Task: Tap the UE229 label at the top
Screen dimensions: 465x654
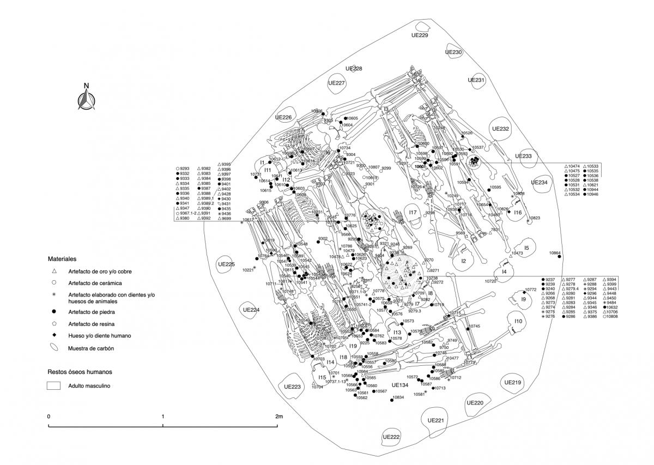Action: pos(419,36)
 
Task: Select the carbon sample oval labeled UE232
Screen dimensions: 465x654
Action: pos(500,129)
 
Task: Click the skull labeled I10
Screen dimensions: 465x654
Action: pos(518,322)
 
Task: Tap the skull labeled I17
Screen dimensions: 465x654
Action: pos(413,213)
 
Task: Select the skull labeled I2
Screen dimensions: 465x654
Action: pos(464,261)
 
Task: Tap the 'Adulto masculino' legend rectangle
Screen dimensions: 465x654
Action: pos(53,385)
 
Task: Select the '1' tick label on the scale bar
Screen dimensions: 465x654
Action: pos(163,416)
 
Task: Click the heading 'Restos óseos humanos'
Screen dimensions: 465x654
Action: pos(80,372)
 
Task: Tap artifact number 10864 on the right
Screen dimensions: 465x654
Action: pos(555,253)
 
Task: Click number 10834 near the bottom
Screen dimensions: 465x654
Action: pos(398,397)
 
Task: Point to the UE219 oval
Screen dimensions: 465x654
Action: pos(513,383)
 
